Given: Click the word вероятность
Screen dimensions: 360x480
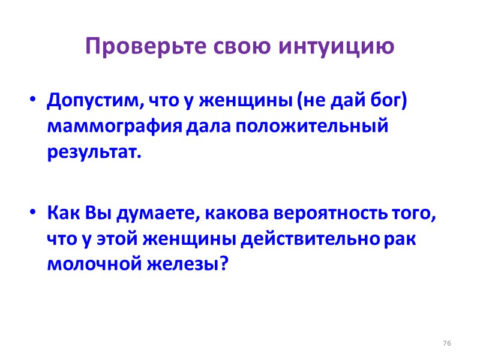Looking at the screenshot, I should [323, 214].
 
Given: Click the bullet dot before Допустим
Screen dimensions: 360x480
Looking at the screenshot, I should [33, 100].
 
